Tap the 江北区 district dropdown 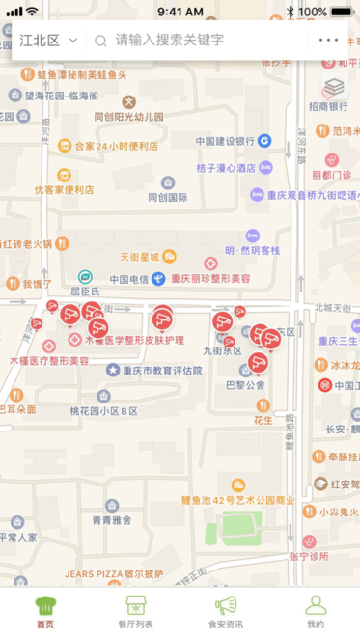47,41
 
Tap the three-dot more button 328,41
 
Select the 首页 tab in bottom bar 45,612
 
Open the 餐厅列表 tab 135,612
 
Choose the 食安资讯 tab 225,612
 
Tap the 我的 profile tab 316,612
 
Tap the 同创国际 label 167,197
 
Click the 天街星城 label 138,257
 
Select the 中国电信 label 128,280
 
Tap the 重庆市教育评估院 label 161,370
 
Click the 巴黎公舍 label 245,384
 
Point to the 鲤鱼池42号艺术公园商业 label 237,500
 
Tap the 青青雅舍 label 112,519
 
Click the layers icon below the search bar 334,88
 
